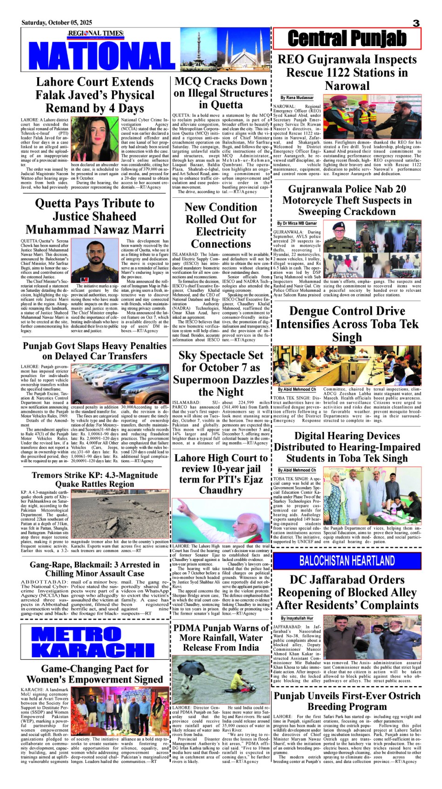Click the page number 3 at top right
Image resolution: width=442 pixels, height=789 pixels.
[x=416, y=23]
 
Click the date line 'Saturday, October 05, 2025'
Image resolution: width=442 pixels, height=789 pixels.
[x=57, y=22]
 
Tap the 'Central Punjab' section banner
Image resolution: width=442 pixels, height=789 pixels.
[x=347, y=39]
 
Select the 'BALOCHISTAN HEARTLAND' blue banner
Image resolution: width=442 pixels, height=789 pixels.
[x=347, y=560]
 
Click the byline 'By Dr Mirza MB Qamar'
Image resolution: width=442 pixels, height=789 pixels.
[x=297, y=223]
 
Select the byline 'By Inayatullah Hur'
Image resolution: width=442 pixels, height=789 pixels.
[x=294, y=618]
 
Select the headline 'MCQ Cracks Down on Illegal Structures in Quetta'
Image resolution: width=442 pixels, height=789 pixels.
[x=221, y=93]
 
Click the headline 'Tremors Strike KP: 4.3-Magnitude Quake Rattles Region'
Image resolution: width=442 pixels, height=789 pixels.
[x=94, y=479]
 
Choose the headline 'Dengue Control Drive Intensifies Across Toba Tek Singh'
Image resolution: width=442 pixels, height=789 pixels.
[x=347, y=324]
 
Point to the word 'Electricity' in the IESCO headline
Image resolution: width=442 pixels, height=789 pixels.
[x=221, y=232]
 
